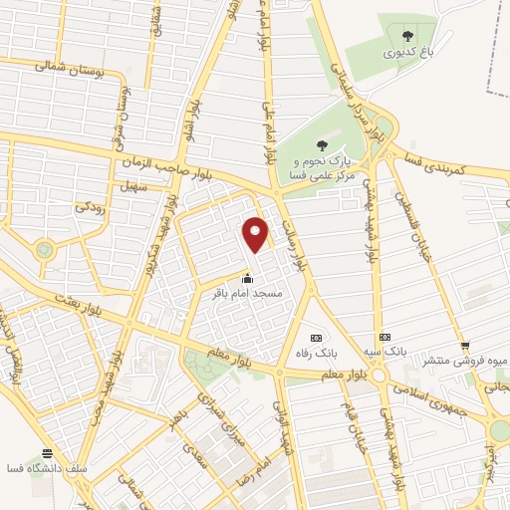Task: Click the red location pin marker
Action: (257, 234)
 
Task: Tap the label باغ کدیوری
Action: (404, 44)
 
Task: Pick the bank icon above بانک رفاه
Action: (318, 338)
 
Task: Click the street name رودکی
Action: (86, 208)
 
